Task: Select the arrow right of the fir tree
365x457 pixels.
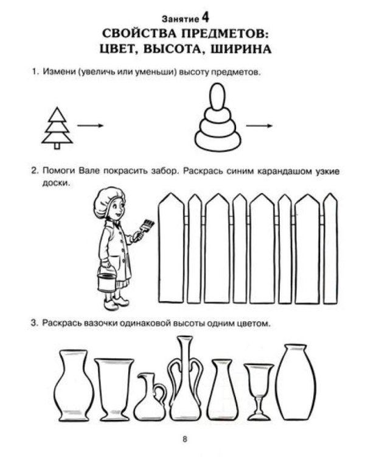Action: [x=89, y=126]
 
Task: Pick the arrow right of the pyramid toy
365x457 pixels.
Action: [x=261, y=126]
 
